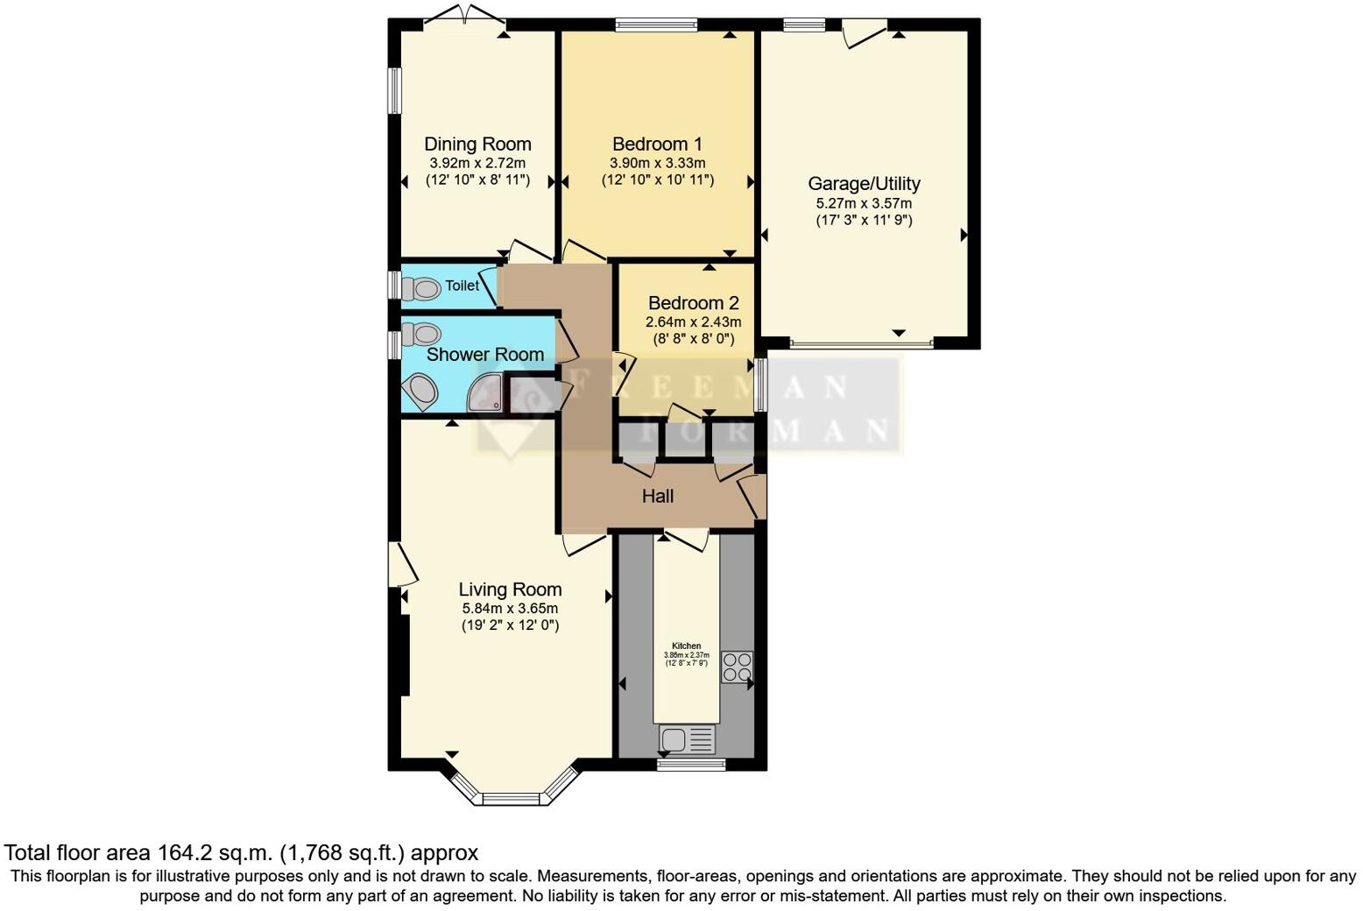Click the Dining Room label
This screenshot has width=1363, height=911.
point(477,145)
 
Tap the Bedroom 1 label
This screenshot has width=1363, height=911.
point(657,145)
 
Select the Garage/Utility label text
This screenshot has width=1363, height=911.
point(864,184)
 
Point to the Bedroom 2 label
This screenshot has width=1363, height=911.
point(693,303)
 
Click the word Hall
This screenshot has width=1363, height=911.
point(658,497)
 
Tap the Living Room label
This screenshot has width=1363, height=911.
point(510,590)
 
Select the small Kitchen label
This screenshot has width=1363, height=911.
point(687,646)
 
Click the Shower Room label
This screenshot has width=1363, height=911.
point(484,355)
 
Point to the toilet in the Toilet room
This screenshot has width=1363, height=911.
point(421,287)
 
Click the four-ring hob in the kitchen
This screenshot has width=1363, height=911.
point(736,667)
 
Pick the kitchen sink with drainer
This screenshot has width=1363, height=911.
point(687,740)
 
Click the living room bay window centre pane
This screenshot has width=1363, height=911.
point(512,798)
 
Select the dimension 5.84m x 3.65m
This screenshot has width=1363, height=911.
point(510,608)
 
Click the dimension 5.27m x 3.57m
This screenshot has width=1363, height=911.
point(864,203)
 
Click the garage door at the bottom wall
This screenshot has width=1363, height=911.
point(861,344)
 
